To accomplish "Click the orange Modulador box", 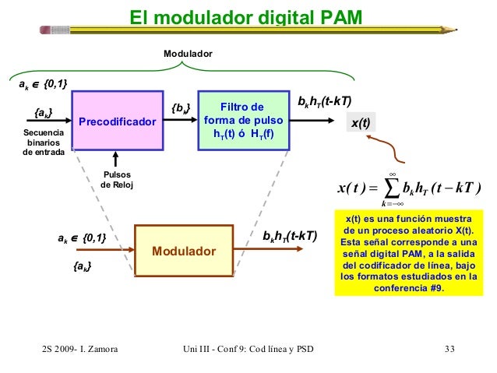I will (184, 252).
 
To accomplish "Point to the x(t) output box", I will (361, 122).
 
